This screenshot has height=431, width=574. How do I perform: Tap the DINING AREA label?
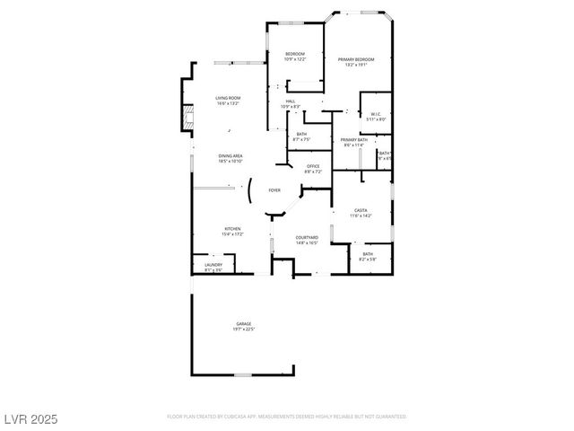[x=230, y=156]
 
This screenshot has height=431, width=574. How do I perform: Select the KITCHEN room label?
[x=232, y=229]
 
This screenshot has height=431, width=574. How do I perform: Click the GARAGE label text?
[x=244, y=323]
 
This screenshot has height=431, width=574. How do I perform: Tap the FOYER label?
[x=274, y=190]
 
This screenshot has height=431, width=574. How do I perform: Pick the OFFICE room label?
[x=313, y=166]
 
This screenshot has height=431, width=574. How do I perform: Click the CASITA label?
[x=361, y=210]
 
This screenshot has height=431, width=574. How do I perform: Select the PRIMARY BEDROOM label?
[x=356, y=59]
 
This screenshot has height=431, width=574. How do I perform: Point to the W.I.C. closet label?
[x=377, y=113]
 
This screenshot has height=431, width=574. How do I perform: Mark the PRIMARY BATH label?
[x=353, y=140]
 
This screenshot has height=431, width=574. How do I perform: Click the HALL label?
[x=291, y=101]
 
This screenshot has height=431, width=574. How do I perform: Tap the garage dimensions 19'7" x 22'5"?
[x=244, y=330]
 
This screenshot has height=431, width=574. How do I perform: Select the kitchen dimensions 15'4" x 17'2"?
[x=232, y=234]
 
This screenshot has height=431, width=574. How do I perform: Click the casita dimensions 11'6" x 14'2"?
[x=361, y=215]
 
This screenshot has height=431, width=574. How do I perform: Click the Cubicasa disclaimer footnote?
[x=287, y=417]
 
